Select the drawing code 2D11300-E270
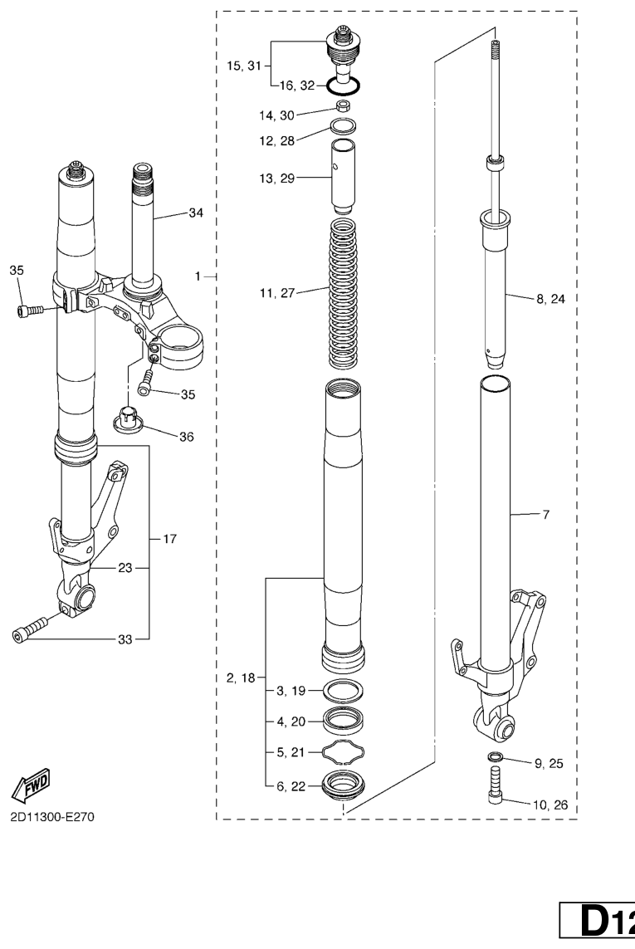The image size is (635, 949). pyautogui.click(x=52, y=817)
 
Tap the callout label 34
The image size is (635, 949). pyautogui.click(x=196, y=213)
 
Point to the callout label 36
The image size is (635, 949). pyautogui.click(x=187, y=437)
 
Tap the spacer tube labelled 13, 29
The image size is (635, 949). pyautogui.click(x=343, y=175)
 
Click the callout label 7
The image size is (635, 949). pyautogui.click(x=545, y=515)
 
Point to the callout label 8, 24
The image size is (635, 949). pyautogui.click(x=550, y=298)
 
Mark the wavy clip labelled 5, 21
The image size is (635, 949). pyautogui.click(x=343, y=751)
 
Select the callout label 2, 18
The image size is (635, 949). pyautogui.click(x=241, y=678)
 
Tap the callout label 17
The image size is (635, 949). pyautogui.click(x=170, y=538)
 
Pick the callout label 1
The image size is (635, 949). pyautogui.click(x=198, y=276)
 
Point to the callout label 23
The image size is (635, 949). pyautogui.click(x=125, y=568)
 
